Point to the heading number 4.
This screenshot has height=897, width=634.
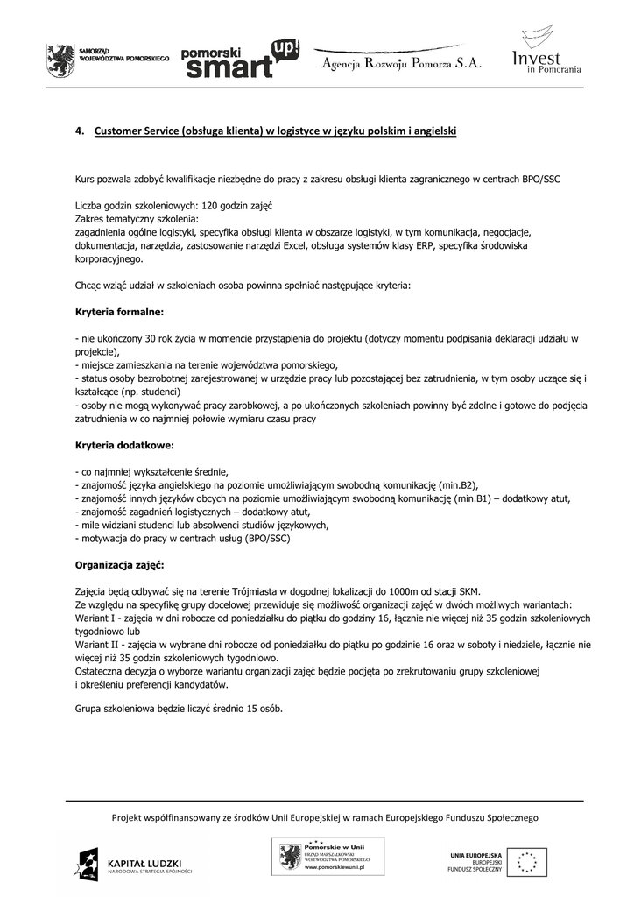[79, 132]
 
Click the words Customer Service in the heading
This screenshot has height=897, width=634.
[136, 132]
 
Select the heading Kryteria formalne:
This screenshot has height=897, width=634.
[119, 311]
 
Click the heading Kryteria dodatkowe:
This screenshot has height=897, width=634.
[124, 445]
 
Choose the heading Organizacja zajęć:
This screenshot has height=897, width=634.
[119, 565]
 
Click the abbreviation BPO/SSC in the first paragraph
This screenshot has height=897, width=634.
[539, 180]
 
